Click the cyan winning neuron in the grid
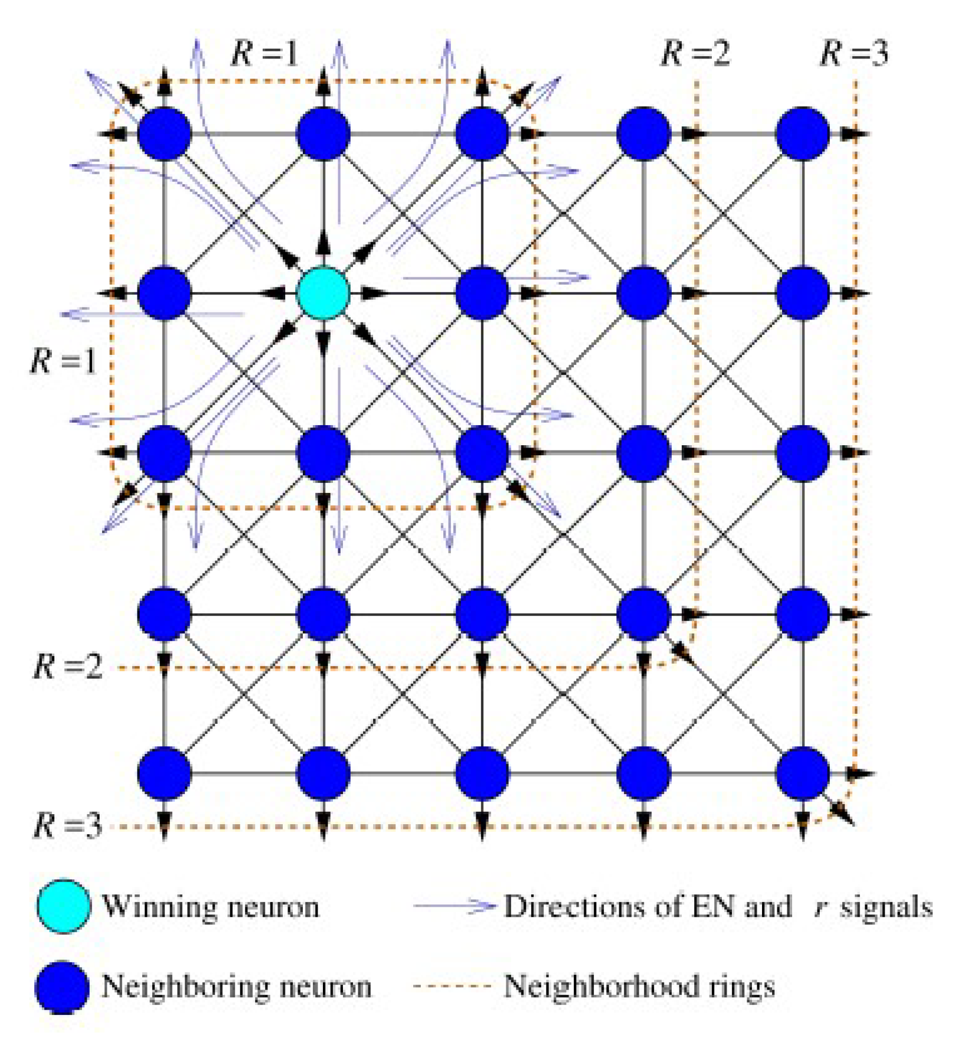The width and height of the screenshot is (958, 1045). pos(323,293)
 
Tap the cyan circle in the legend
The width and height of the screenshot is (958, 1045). pos(64,906)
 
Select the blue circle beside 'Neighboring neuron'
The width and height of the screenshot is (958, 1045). pos(63,987)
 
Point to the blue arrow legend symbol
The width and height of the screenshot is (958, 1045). pos(454,906)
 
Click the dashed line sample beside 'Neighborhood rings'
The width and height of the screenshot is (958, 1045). pos(452,986)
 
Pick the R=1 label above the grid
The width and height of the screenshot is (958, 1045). pos(265,53)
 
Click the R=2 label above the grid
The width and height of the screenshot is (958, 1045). pos(695,53)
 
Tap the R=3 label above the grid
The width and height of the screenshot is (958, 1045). pos(854,53)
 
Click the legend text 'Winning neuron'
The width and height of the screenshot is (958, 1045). pos(211,907)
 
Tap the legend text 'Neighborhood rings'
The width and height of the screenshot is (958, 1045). pos(639,987)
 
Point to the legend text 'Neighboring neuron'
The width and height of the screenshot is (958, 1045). pos(237,987)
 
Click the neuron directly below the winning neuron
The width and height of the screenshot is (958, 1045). pos(323,453)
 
